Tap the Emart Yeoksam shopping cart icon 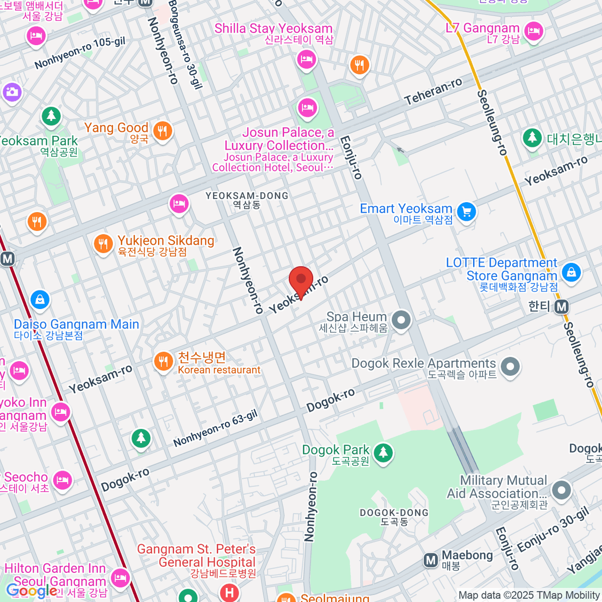tap(467, 212)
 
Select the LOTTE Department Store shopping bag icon tap(571, 272)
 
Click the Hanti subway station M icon tap(562, 307)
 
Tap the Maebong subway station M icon tap(430, 560)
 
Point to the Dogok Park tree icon tap(383, 452)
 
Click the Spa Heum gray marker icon tap(401, 320)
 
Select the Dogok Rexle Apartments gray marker tap(510, 366)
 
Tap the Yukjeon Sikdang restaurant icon tap(103, 244)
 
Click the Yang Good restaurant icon tap(162, 131)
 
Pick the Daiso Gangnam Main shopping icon tap(40, 300)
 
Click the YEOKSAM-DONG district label tap(247, 196)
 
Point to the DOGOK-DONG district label tap(394, 513)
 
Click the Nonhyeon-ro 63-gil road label tap(215, 428)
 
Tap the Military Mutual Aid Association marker tap(561, 490)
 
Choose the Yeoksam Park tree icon tap(51, 116)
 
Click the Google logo tap(31, 591)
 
